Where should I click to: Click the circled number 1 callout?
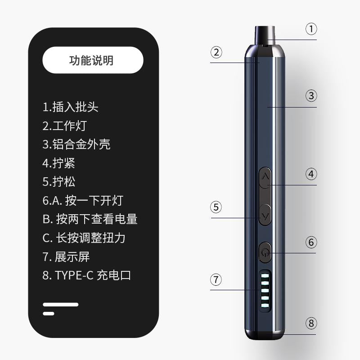pos(311,29)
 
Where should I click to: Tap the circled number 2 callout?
pos(216,52)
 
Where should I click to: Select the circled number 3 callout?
pos(311,95)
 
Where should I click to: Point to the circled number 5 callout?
pos(216,207)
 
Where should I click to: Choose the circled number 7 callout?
pos(216,279)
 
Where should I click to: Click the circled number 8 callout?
pos(311,323)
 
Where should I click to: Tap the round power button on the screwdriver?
pos(265,252)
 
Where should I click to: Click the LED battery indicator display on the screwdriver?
pos(265,291)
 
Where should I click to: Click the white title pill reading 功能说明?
pos(93,60)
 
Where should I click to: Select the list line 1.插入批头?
pos(70,107)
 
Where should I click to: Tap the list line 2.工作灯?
pos(64,126)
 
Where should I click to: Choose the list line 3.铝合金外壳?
pos(76,144)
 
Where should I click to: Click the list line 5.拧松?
pos(59,182)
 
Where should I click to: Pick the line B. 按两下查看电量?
pos(90,219)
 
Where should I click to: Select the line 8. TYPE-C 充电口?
pos(86,275)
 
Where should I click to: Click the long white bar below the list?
pos(61,305)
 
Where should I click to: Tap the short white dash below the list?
pos(49,314)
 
